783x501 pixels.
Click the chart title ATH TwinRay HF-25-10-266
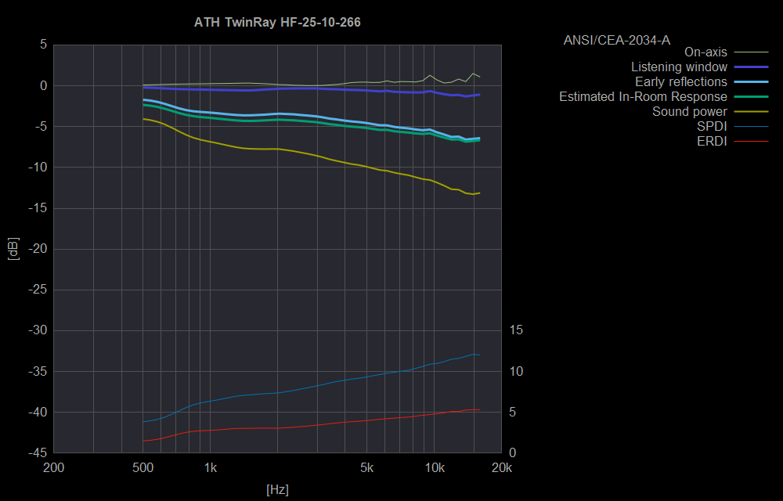point(277,22)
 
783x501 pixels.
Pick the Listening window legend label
point(679,67)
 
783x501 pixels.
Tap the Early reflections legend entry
point(680,82)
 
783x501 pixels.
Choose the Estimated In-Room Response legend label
point(643,97)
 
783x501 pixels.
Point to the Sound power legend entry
point(689,112)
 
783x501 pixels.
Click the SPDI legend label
point(712,127)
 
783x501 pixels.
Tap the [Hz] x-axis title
point(277,490)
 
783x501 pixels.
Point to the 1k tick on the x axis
point(211,468)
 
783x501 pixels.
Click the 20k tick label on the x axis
point(501,468)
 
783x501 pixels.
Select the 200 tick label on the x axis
point(53,468)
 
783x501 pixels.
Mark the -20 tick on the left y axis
point(37,249)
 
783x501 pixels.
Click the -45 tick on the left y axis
point(37,453)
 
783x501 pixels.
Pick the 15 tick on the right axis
point(515,330)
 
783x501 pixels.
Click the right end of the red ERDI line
point(479,409)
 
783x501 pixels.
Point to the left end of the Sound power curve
point(143,119)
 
